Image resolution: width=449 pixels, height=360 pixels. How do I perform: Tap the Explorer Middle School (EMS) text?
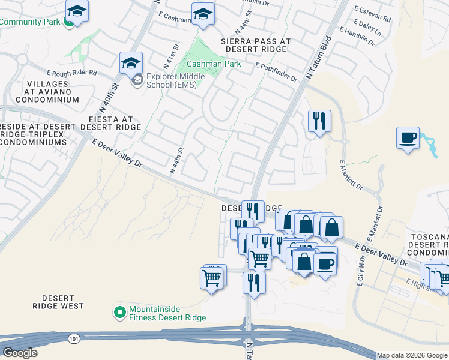point(175,80)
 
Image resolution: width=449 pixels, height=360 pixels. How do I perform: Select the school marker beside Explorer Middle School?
point(131,62)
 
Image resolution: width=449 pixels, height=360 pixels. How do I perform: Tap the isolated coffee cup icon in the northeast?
point(408,137)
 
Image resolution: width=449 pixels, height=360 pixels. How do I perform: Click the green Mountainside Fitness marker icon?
point(119,313)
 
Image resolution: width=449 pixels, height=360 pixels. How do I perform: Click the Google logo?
point(20,353)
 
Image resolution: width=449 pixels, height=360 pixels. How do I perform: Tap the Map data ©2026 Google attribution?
point(412,355)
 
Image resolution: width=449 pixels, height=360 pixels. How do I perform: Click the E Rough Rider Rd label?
point(76,73)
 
